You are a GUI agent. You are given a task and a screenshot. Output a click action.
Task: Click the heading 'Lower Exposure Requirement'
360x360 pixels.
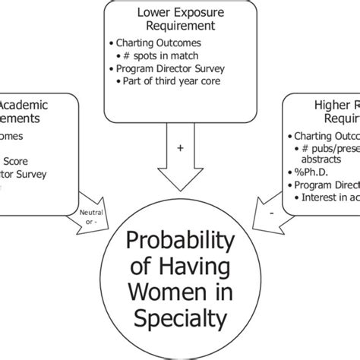coord(179,18)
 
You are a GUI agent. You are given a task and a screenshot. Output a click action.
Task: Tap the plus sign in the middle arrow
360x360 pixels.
coord(180,148)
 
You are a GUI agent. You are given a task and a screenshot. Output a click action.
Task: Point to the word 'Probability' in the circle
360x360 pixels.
coord(179,243)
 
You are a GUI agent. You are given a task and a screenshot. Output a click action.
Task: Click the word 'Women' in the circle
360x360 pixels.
coord(179,292)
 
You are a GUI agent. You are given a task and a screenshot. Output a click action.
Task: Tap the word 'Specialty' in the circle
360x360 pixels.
coord(179,316)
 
